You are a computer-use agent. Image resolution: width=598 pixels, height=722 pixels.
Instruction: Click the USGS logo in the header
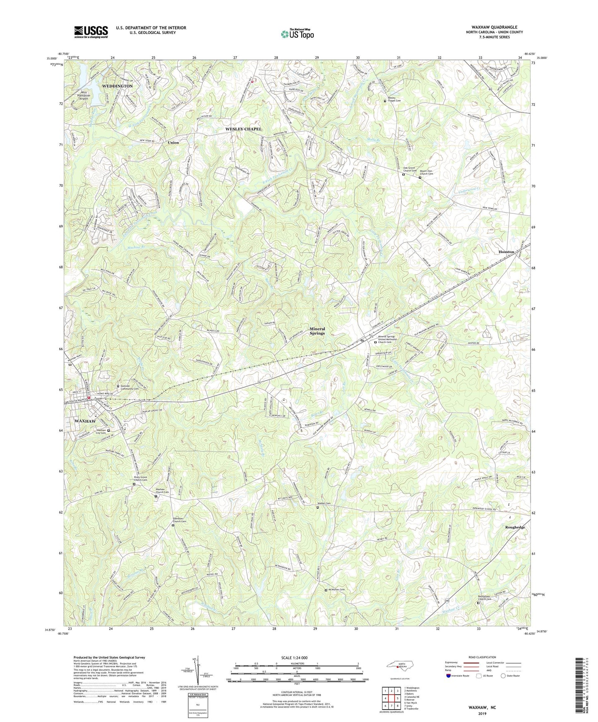click(x=91, y=32)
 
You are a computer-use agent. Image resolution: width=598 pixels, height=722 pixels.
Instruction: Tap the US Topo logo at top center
click(x=297, y=34)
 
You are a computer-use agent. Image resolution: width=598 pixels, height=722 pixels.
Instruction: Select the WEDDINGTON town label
click(x=118, y=86)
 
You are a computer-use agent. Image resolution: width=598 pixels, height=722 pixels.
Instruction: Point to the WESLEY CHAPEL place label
click(x=243, y=129)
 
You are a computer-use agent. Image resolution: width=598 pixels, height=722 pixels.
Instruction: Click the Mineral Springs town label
click(x=317, y=331)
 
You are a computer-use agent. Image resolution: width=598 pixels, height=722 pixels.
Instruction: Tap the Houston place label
click(x=506, y=252)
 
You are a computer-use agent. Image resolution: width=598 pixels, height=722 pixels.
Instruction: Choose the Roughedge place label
click(x=515, y=527)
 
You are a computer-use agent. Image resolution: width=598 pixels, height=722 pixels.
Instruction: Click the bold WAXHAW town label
click(x=85, y=421)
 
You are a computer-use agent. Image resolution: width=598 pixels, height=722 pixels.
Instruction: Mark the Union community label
click(x=173, y=143)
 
